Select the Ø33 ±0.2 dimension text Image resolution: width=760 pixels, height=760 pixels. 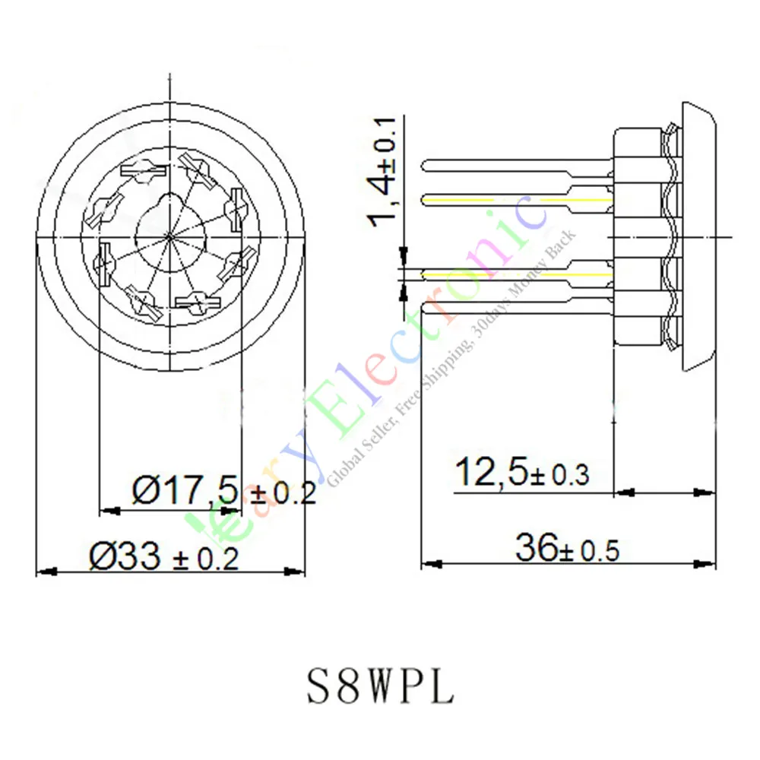pyautogui.click(x=164, y=559)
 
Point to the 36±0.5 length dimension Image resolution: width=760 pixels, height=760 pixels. pyautogui.click(x=567, y=548)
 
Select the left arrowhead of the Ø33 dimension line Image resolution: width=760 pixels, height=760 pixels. pyautogui.click(x=44, y=571)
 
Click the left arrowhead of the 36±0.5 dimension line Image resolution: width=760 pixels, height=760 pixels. pyautogui.click(x=429, y=564)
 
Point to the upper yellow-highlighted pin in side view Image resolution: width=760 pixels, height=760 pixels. pyautogui.click(x=517, y=199)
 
